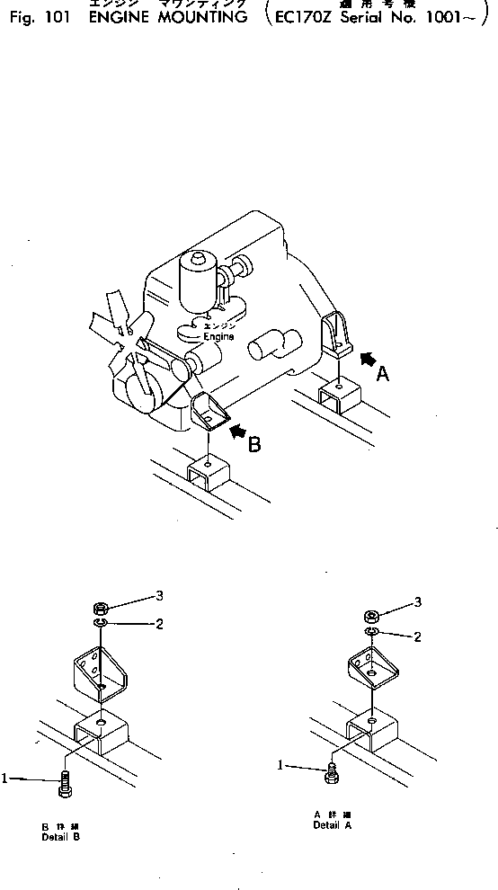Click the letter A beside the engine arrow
pos(382,377)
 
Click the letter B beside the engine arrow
pos(254,444)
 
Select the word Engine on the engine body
pos(218,337)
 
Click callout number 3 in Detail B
pos(158,595)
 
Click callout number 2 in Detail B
pos(158,624)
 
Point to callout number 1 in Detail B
pos(5,779)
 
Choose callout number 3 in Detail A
pos(417,601)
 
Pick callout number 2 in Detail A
pos(417,637)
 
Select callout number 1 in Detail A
pos(281,766)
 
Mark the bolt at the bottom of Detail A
pos(332,770)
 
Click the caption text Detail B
pos(60,837)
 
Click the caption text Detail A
pos(332,824)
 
